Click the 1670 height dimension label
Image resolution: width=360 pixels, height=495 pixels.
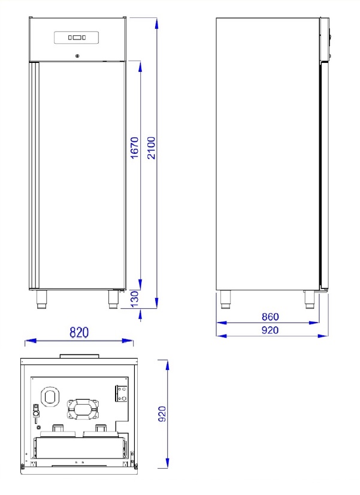(135, 148)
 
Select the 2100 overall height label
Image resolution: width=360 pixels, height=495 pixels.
(152, 148)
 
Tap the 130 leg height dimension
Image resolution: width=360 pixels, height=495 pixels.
(135, 299)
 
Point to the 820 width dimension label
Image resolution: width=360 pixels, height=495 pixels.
(79, 332)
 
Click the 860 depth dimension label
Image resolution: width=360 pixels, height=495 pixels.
(270, 317)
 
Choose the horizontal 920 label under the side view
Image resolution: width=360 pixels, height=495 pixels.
(270, 330)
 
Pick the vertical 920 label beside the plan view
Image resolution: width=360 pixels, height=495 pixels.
(162, 414)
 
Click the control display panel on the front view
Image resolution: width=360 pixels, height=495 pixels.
(77, 38)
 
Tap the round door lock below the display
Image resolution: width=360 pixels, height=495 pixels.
(77, 56)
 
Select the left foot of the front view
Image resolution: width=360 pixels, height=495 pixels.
(42, 299)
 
